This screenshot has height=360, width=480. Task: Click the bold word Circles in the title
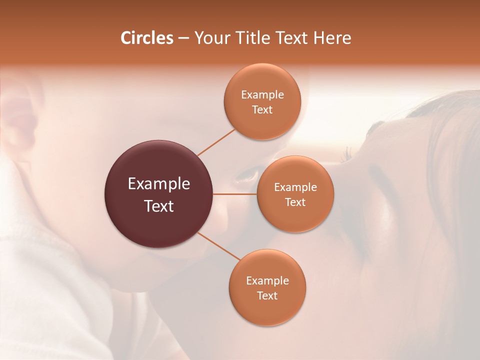146,38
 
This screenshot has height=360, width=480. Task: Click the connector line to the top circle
216,142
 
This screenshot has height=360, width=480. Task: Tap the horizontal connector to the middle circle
234,194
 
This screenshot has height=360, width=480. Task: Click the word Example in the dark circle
159,184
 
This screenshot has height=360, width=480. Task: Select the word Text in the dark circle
159,206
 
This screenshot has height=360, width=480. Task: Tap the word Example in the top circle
262,94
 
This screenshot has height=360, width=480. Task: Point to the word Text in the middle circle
295,202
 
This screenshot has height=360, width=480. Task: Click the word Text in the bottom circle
267,295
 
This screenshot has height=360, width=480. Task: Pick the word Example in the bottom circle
267,280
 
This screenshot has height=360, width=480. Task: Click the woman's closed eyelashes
347,155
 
